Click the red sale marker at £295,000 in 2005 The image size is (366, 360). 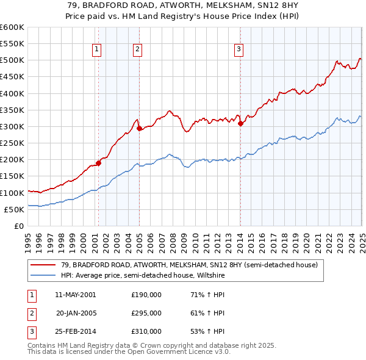pos(139,128)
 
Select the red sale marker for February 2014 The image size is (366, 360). pos(240,123)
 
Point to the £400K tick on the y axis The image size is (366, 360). pos(12,93)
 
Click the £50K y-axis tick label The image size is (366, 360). pos(14,209)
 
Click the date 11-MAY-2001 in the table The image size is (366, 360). pos(76,295)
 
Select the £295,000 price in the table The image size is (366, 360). pos(146,313)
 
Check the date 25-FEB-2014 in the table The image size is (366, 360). pos(76,331)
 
